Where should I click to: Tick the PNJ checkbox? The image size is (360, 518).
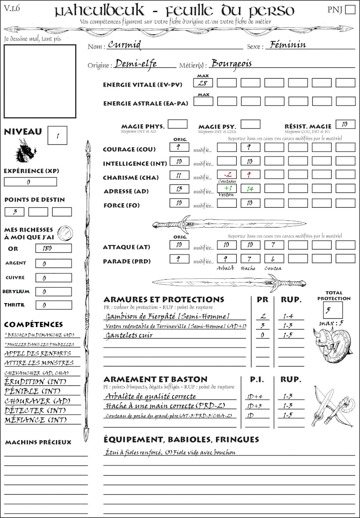pos(349,10)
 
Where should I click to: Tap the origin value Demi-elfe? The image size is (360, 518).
pos(136,64)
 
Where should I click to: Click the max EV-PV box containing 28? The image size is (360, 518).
pos(202,83)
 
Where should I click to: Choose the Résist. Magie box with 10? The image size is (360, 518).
pos(345,124)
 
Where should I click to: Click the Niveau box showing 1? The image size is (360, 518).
pos(58,135)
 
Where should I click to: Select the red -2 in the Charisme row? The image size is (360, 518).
pos(227,174)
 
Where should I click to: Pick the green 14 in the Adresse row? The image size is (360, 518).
pos(250,189)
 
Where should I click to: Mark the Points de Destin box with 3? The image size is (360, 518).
pos(14,212)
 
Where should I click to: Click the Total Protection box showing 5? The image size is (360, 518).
pos(333,310)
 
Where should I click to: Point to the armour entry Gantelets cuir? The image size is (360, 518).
pos(129,335)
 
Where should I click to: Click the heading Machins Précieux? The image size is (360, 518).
pos(38,442)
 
